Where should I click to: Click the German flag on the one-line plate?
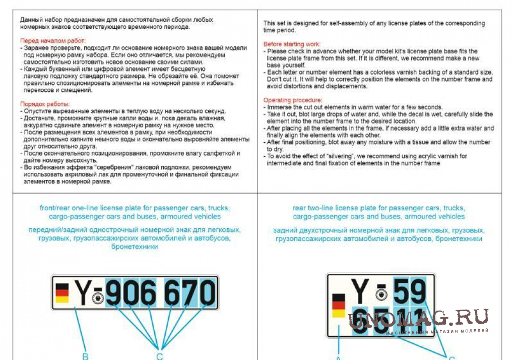tap(62, 293)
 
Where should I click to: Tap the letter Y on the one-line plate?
tap(83, 292)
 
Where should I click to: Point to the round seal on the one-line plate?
tap(98, 298)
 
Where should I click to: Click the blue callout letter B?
tap(86, 356)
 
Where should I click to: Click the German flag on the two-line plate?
tap(339, 306)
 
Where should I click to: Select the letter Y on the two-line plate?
tap(360, 291)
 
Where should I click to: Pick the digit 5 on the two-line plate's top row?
tap(402, 291)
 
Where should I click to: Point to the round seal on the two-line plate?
tap(381, 295)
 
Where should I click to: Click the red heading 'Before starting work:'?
tap(292, 44)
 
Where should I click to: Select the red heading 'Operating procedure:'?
tap(293, 100)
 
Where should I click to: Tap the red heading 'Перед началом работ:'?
tap(53, 40)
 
